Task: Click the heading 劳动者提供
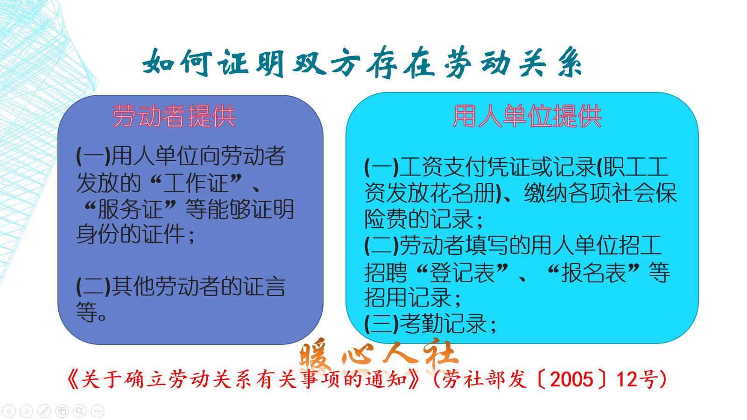tap(174, 116)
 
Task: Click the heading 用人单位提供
tap(527, 116)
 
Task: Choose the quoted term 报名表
tap(593, 273)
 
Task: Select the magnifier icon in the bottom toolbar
tap(80, 411)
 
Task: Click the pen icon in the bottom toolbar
tap(44, 411)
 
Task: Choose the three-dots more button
tap(98, 411)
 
